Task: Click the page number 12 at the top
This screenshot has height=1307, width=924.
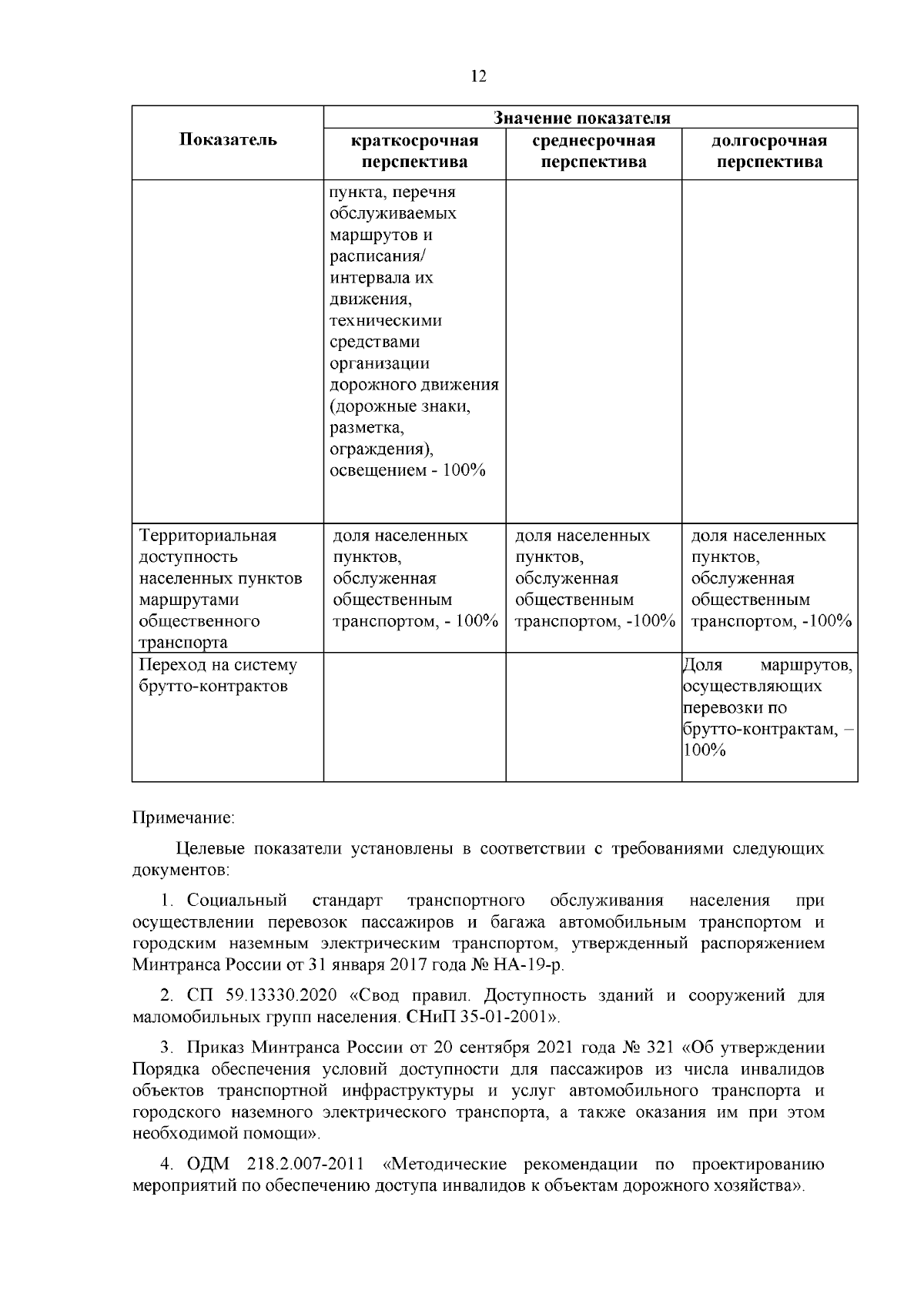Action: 477,75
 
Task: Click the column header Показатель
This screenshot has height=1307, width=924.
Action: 227,140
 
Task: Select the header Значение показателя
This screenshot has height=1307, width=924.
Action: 581,118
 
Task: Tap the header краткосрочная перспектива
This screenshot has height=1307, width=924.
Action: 414,152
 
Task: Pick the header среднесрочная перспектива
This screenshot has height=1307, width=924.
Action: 593,152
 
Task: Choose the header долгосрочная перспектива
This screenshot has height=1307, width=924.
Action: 768,152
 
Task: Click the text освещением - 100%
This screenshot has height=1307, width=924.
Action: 407,470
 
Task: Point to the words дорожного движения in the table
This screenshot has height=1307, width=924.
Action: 414,384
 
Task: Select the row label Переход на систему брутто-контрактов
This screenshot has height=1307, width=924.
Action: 218,675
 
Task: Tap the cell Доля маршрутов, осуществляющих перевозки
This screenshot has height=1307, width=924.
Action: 768,675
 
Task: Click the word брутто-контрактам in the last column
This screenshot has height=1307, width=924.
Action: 758,729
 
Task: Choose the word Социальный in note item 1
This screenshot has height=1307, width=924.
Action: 236,901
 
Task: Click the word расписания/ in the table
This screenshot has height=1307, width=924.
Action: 373,256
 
